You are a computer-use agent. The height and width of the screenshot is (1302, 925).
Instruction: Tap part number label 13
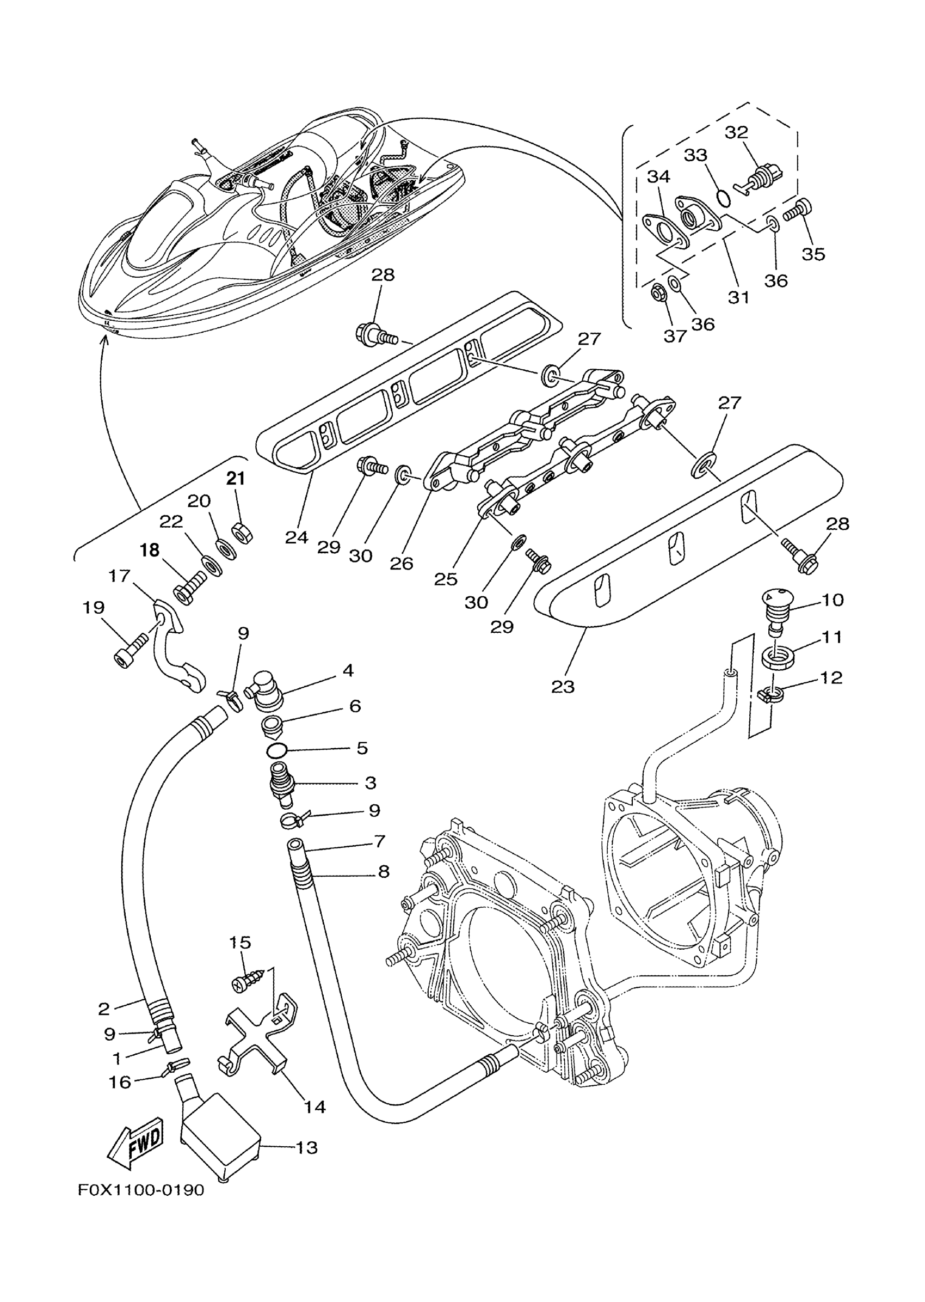click(306, 1147)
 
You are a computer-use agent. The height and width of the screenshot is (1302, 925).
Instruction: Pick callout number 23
click(563, 687)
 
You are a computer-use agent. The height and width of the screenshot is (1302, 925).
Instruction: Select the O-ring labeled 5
click(278, 749)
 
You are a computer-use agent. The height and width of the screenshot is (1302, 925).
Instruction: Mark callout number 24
click(297, 537)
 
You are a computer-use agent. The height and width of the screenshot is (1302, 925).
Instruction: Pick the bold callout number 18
click(150, 550)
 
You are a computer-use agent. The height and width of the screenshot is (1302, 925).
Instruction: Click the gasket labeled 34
click(665, 233)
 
